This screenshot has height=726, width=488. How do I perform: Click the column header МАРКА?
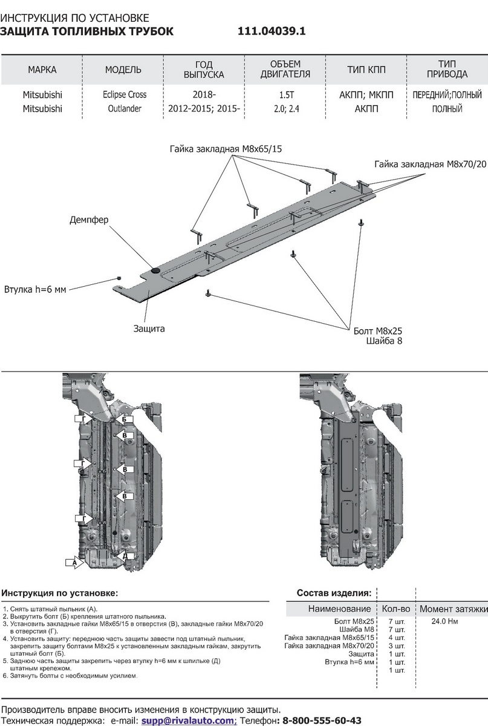click(x=42, y=70)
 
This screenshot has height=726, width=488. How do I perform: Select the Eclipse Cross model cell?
click(x=123, y=95)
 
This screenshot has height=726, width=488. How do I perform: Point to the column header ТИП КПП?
click(x=366, y=70)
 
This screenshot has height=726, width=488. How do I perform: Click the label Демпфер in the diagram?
click(x=89, y=220)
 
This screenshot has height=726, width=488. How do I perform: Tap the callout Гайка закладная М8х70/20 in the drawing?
click(x=430, y=164)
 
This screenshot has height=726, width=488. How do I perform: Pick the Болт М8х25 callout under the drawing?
click(x=378, y=331)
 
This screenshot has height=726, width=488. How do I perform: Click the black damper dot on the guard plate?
click(x=155, y=270)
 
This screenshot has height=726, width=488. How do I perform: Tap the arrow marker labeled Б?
click(x=123, y=419)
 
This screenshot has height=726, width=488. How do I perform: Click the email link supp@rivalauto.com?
click(x=188, y=721)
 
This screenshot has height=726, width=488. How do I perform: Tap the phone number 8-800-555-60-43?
click(x=322, y=721)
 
